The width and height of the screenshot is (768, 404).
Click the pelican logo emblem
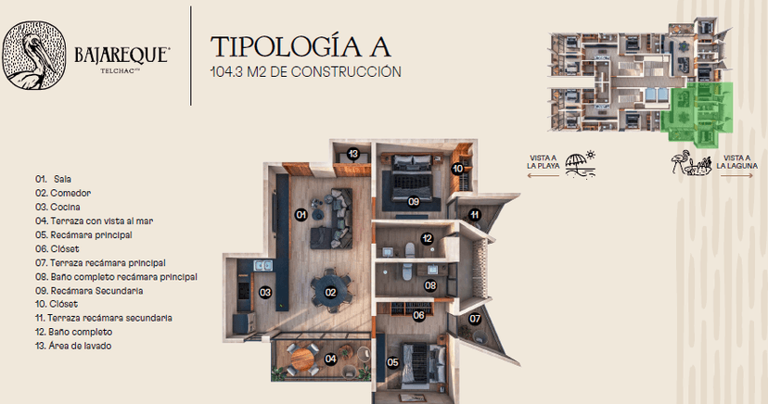[x=34, y=56]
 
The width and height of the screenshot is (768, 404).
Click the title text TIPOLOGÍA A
[x=301, y=46]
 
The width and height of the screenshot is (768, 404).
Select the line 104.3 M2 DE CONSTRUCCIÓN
[x=306, y=72]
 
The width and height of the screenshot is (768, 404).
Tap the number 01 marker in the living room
[x=301, y=214]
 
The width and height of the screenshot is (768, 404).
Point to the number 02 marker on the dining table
[x=330, y=293]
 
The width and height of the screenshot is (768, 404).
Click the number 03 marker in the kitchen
[x=265, y=293]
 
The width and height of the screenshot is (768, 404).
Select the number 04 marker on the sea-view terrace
[x=330, y=359]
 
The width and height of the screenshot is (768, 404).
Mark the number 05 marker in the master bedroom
[x=393, y=362]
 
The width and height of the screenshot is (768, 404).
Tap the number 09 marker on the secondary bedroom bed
[x=414, y=201]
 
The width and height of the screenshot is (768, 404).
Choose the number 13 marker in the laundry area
[x=353, y=154]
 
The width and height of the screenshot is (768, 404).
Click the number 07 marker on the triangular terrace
[x=475, y=319]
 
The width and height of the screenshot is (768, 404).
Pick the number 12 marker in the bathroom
[x=427, y=238]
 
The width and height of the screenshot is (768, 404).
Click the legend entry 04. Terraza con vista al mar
[x=94, y=221]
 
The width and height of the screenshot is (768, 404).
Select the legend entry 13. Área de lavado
[x=73, y=346]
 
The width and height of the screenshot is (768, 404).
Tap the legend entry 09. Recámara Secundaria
[x=89, y=291]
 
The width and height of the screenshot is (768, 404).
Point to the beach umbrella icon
[x=580, y=164]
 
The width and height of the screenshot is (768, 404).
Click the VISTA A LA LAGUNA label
[x=737, y=162]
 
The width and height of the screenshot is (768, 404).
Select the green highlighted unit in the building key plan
[x=698, y=114]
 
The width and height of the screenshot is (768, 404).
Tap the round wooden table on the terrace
[x=302, y=360]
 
